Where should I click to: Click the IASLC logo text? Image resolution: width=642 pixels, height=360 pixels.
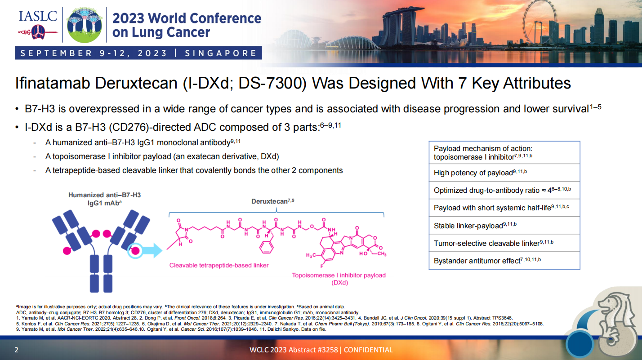pos(38,16)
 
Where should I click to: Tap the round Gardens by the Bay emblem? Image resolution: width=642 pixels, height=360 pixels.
pos(84,25)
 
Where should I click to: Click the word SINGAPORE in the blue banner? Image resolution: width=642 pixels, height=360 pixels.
pos(221,53)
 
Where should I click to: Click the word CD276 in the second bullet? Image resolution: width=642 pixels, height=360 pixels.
pos(129,127)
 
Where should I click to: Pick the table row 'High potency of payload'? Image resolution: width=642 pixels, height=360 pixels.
pos(504,173)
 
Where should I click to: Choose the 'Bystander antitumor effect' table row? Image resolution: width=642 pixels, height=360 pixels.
pos(504,261)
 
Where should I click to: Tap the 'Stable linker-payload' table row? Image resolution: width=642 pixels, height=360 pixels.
pos(504,226)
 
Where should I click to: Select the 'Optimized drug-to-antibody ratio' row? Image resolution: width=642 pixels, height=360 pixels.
pos(504,190)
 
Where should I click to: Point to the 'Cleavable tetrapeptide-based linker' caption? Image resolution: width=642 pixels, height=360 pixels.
pos(218,266)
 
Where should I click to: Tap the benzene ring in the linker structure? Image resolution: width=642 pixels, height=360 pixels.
pos(266,247)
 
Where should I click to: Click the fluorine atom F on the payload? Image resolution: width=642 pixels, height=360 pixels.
pos(321,266)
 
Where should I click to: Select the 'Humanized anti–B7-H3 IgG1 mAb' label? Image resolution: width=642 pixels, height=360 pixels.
pos(105,199)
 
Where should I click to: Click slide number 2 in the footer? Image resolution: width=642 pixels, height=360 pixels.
pos(16,350)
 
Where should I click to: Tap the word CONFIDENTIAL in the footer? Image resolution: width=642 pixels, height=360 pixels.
pos(368,350)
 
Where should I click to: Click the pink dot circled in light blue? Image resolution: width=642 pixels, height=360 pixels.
pos(135,251)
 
